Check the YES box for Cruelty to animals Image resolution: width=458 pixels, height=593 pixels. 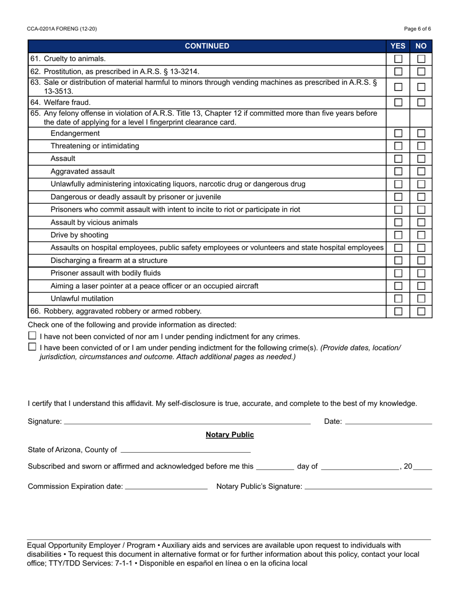click(398, 59)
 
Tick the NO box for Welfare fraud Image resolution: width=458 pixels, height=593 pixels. click(421, 102)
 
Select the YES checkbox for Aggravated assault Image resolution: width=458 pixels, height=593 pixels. click(398, 171)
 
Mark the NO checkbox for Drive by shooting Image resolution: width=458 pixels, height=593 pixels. click(421, 235)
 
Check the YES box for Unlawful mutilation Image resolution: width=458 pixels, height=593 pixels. click(398, 299)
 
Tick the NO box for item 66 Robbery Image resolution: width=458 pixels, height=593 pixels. click(421, 311)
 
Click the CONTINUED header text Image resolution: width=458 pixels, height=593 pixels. click(207, 46)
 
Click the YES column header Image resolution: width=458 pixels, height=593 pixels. click(398, 46)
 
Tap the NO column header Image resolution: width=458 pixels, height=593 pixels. click(421, 46)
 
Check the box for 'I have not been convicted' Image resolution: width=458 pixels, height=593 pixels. click(32, 336)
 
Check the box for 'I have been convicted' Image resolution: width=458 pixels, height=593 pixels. click(32, 347)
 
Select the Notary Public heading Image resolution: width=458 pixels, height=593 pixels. click(229, 435)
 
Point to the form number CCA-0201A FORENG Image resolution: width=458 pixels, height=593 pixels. click(62, 29)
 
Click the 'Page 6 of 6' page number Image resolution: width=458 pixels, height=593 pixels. click(418, 29)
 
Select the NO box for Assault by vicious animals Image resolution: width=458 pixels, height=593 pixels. click(421, 222)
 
